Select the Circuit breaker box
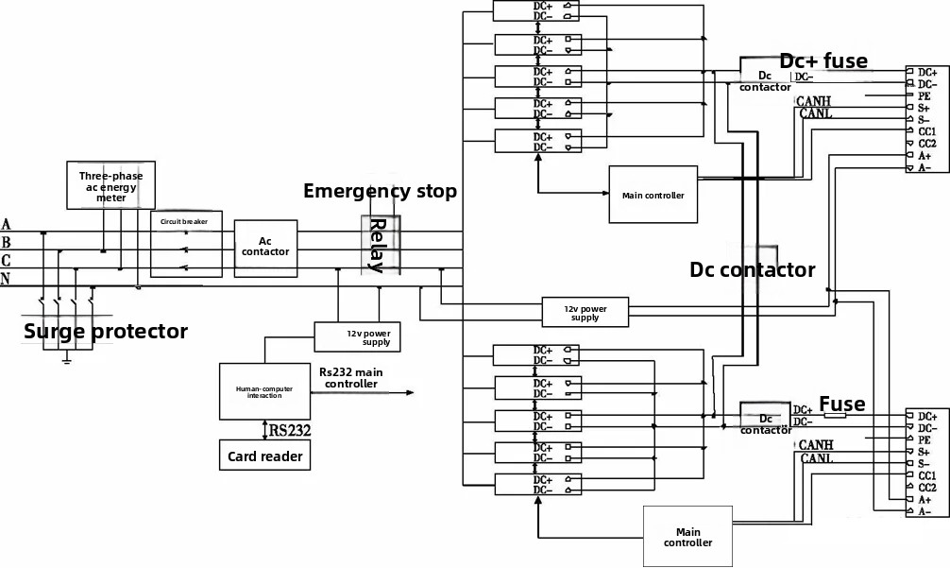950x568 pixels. click(x=185, y=244)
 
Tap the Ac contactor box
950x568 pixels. click(x=265, y=247)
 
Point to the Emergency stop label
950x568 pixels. click(x=380, y=191)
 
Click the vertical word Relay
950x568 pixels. click(x=377, y=246)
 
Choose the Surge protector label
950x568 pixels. click(x=106, y=332)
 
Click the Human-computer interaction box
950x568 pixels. click(x=264, y=391)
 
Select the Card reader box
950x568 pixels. click(x=264, y=456)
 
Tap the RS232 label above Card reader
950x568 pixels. click(x=290, y=431)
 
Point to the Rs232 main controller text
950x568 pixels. click(x=350, y=378)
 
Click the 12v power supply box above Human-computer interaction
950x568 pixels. click(x=359, y=336)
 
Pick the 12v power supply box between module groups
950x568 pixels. click(x=585, y=313)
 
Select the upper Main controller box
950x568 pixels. click(x=653, y=195)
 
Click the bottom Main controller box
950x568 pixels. click(x=687, y=537)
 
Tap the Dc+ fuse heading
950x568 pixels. click(x=823, y=61)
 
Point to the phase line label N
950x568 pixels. click(x=7, y=280)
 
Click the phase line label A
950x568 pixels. click(x=7, y=225)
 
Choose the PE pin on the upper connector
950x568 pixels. click(x=925, y=96)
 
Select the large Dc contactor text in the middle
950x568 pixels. click(x=752, y=270)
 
